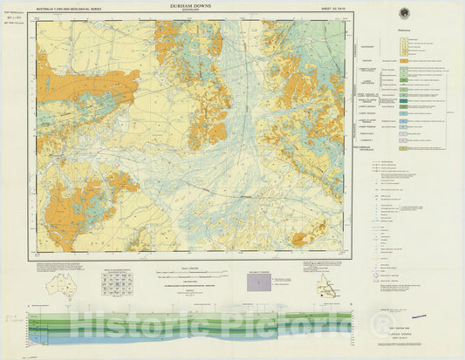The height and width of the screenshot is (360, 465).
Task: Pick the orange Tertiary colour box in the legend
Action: tap(403, 61)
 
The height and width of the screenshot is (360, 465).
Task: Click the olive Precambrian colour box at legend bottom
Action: tap(403, 149)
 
